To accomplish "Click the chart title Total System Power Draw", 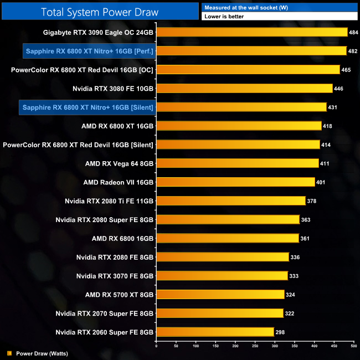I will click(100, 12).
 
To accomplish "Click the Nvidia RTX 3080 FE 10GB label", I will click(113, 89).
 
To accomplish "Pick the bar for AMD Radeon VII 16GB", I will click(235, 182).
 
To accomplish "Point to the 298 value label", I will click(281, 332).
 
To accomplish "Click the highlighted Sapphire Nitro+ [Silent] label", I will click(88, 107).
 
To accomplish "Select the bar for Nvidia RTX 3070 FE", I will click(222, 276).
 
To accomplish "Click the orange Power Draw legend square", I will click(9, 353).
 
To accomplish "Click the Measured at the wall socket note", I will click(238, 7).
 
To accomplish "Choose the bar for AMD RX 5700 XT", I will click(220, 295).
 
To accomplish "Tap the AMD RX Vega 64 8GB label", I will click(119, 163).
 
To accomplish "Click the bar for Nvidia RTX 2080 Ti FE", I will click(231, 201).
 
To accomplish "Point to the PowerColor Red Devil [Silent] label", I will click(78, 145).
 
